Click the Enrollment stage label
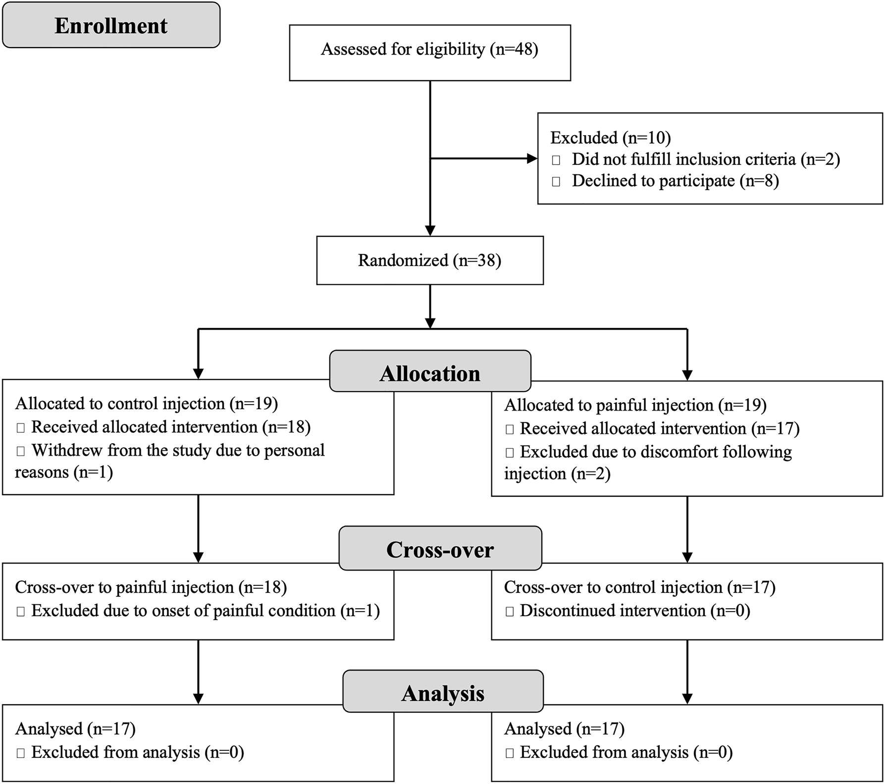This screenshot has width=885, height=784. [111, 26]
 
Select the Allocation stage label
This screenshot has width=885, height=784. [430, 373]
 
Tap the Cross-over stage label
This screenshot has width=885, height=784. [440, 549]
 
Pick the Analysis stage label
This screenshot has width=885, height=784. [443, 693]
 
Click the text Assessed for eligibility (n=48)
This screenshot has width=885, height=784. [429, 50]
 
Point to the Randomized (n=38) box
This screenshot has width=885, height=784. [429, 261]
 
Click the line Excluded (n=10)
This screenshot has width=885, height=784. [611, 138]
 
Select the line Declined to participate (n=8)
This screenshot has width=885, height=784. [675, 181]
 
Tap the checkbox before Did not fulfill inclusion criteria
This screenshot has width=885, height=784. [556, 160]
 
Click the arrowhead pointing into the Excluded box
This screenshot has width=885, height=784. [532, 158]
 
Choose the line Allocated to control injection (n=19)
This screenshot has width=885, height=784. [147, 404]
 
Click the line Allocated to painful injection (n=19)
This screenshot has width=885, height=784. [635, 405]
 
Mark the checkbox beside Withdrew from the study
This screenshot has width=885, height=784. [20, 451]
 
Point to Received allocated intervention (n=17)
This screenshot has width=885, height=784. [659, 428]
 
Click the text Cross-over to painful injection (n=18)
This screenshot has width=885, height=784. [151, 587]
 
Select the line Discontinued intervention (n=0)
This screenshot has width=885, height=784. [634, 611]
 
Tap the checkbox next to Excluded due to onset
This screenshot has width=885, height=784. [20, 612]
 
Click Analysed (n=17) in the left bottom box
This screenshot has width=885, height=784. [75, 729]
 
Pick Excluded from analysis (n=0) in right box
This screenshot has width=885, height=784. [626, 752]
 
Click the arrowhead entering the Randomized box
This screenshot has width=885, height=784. [430, 230]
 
